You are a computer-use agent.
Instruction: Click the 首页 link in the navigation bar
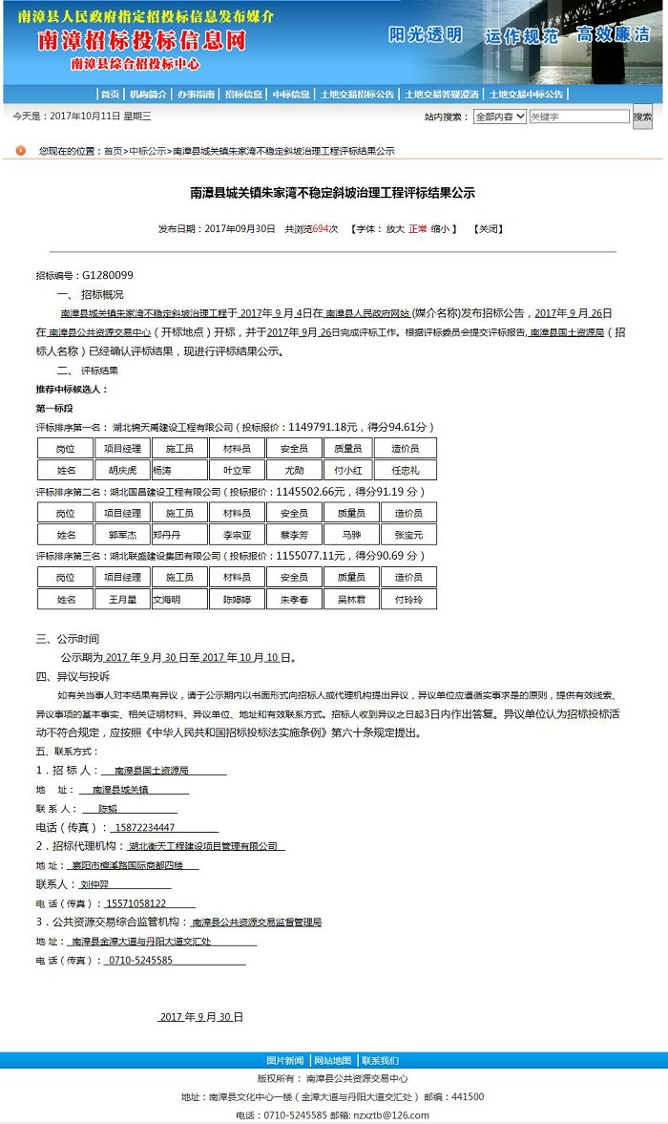coord(111,94)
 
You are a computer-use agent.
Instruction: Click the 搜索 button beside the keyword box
coord(642,117)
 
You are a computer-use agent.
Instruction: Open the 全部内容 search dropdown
coord(499,117)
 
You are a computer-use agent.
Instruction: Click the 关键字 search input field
coord(578,117)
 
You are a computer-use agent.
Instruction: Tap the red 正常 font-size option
coord(418,229)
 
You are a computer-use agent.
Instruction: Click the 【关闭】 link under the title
coord(489,229)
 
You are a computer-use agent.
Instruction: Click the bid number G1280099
coord(107,275)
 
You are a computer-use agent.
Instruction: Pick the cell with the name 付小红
coord(347,470)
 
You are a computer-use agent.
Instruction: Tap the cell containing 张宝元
coord(408,535)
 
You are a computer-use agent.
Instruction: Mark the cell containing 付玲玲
coord(408,600)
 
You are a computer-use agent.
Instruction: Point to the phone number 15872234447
coord(144,827)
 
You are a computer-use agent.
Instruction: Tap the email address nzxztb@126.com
coord(391,1114)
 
